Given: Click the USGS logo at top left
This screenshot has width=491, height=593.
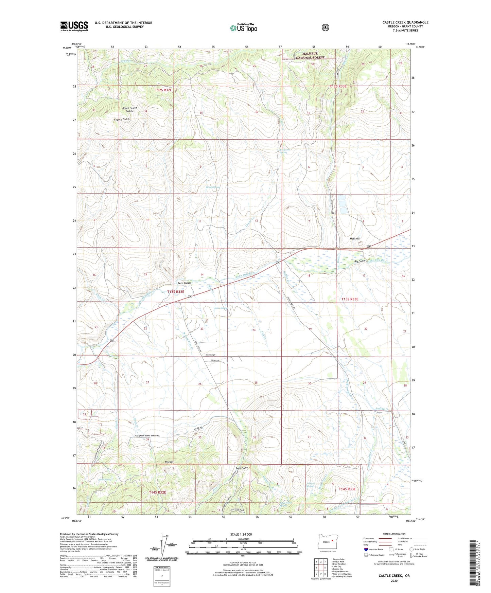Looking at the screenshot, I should click(74, 26).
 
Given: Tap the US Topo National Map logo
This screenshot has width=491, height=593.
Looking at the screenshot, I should click(243, 28).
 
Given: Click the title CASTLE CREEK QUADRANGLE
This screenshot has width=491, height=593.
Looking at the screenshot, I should click(405, 22).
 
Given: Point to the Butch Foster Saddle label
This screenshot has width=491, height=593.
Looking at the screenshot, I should click(130, 109).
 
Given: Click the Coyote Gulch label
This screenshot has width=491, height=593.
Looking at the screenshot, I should click(122, 120).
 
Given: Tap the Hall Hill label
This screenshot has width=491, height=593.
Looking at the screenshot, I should click(354, 239).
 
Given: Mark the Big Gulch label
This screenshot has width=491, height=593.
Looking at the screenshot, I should click(360, 261).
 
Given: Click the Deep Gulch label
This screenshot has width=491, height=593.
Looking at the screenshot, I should click(184, 283).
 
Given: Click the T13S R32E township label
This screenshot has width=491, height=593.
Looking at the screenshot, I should click(176, 292).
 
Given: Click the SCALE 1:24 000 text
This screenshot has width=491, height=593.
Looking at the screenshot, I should click(241, 534).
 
